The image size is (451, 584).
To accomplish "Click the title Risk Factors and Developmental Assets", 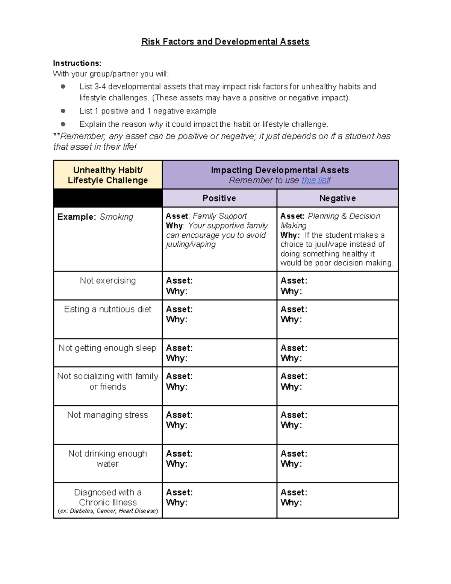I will [x=225, y=42].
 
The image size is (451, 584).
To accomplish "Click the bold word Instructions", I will [x=77, y=63].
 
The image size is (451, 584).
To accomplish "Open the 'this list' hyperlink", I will [x=315, y=181].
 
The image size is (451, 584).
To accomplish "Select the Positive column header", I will [x=219, y=198].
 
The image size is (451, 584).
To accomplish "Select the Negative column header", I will [x=337, y=198].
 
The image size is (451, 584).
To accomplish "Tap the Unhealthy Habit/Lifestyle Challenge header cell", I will [x=108, y=175].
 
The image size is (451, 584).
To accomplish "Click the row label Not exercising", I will [x=108, y=281].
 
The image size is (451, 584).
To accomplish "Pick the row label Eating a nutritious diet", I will [x=108, y=309].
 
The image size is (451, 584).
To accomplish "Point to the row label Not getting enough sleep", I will [x=108, y=348].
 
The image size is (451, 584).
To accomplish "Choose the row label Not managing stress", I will [x=108, y=415].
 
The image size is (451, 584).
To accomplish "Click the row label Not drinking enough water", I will [x=108, y=458].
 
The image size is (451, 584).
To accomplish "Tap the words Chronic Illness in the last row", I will [x=108, y=502].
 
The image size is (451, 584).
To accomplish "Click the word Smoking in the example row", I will [x=116, y=217].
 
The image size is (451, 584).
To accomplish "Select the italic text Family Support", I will [x=219, y=216].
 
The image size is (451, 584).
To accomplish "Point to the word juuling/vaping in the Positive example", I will [x=191, y=244].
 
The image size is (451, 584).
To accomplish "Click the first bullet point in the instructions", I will [x=63, y=86].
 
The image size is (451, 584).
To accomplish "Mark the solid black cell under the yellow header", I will [x=108, y=198].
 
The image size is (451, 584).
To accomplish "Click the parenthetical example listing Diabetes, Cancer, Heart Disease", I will [x=108, y=511].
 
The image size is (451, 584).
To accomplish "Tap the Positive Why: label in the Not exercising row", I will [x=176, y=291].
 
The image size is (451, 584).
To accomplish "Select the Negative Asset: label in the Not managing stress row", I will [x=294, y=415].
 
